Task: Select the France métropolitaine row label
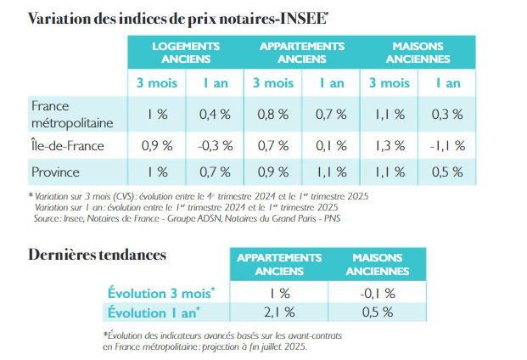click(x=68, y=113)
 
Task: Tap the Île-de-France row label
click(x=68, y=145)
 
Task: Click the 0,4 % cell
click(x=215, y=113)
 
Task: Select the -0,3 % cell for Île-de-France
click(x=215, y=145)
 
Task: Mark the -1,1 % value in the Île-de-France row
click(x=446, y=145)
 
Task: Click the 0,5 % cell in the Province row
click(x=446, y=172)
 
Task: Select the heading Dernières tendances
click(x=97, y=255)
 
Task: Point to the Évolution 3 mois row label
click(x=161, y=293)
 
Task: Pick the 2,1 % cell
click(x=273, y=312)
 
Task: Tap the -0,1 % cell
click(x=377, y=293)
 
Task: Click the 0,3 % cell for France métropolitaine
click(x=446, y=113)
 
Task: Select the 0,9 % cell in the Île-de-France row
click(x=154, y=145)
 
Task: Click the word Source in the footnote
click(x=46, y=218)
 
